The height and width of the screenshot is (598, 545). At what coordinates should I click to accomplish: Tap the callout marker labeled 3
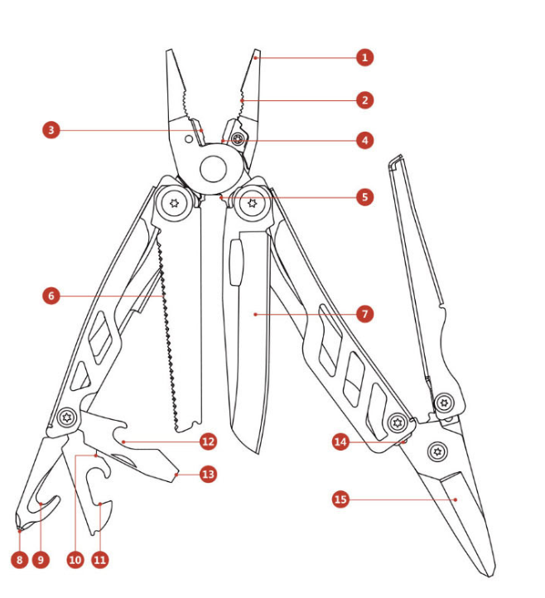52,130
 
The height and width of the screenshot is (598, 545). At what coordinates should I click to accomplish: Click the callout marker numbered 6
52,295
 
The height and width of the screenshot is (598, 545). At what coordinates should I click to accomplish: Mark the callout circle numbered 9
41,560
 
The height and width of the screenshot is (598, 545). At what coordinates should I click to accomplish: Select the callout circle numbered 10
75,560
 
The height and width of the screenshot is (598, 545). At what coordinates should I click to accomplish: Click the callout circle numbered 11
100,560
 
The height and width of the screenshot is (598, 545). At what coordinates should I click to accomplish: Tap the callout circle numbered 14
340,442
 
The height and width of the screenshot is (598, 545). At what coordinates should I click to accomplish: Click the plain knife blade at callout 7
248,348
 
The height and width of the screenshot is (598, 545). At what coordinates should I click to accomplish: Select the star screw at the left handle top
176,203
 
